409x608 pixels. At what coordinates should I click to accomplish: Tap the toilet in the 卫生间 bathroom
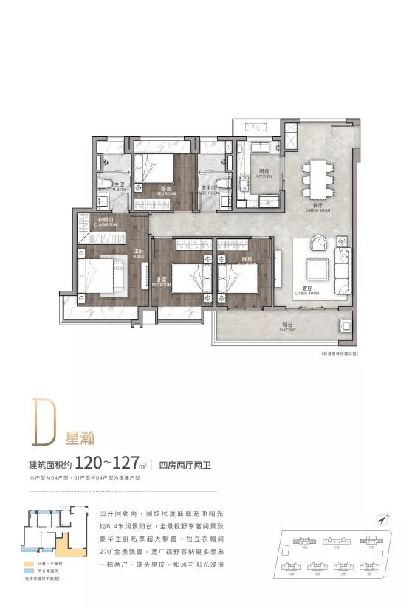tap(221, 184)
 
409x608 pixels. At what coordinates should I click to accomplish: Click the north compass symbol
tap(382, 519)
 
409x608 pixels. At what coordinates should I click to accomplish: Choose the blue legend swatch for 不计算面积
tap(26, 571)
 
